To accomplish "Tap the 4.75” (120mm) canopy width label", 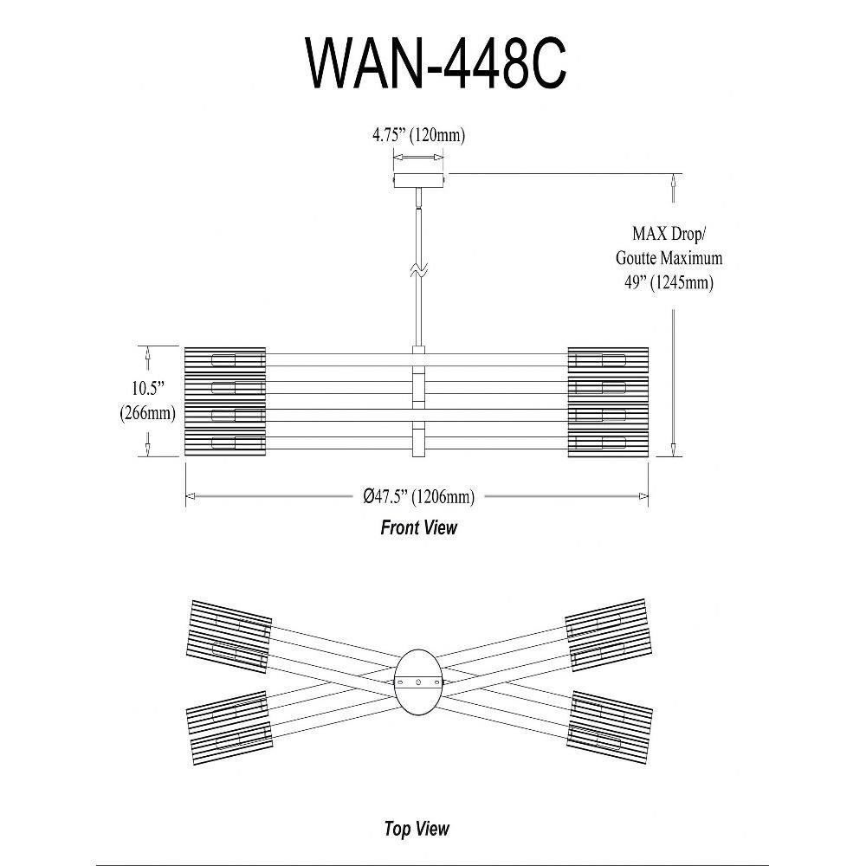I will point(418,135).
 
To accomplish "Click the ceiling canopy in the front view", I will point(419,180).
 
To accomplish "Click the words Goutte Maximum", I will point(669,258).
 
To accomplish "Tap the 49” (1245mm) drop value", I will point(669,282).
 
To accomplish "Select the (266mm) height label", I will point(148,413).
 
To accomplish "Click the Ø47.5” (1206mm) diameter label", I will point(418,496).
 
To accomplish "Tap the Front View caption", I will point(418,527).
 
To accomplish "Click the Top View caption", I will point(417,829).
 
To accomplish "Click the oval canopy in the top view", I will point(418,681).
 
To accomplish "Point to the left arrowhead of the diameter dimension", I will point(191,496).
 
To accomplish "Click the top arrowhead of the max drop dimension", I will point(674,179).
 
